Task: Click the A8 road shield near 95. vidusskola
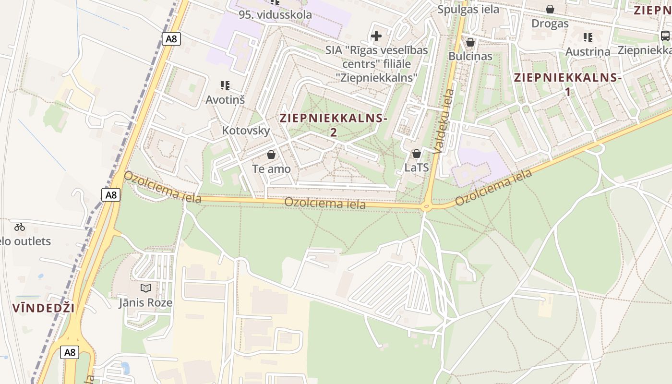pos(171,39)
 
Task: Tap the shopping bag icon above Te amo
pos(271,155)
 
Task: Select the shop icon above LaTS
pos(417,154)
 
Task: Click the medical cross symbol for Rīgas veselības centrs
pos(376,36)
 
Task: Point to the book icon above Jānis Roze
pos(145,288)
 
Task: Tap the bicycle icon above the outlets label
pos(20,227)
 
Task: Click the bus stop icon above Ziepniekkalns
pos(665,36)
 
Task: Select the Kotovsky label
pos(246,131)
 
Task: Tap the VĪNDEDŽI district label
pos(44,308)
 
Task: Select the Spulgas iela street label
pos(468,9)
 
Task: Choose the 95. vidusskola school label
pos(276,14)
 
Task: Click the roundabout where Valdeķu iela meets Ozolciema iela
pos(425,207)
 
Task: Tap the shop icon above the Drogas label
pos(550,9)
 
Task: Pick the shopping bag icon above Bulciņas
pos(470,42)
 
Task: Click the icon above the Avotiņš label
pos(225,85)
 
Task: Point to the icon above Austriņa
pos(588,37)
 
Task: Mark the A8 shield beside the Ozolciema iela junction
pos(111,194)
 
